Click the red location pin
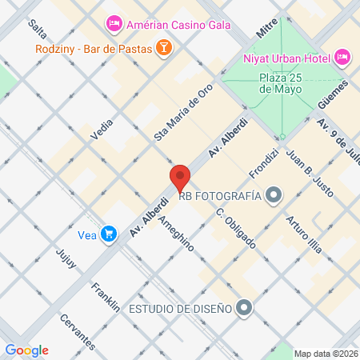pos(179,178)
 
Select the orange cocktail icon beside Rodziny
pos(163,49)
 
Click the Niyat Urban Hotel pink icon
pos(342,57)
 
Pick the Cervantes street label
pos(78,330)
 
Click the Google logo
pos(26,350)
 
